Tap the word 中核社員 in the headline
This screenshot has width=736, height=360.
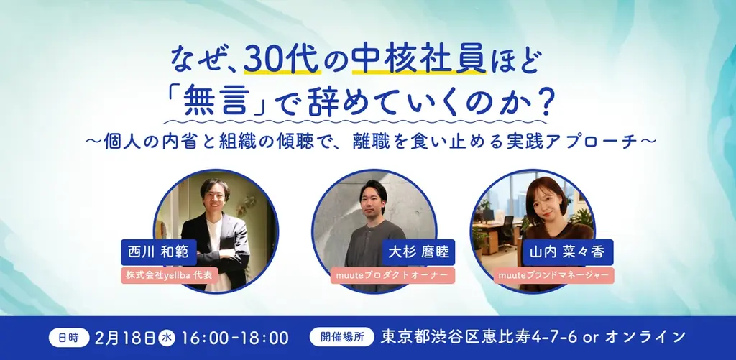pos(401,60)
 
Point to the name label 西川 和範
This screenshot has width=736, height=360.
pos(152,253)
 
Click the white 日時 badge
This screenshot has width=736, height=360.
pos(69,336)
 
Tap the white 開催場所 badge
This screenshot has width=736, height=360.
pos(341,336)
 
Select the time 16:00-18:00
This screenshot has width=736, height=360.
pos(236,336)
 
